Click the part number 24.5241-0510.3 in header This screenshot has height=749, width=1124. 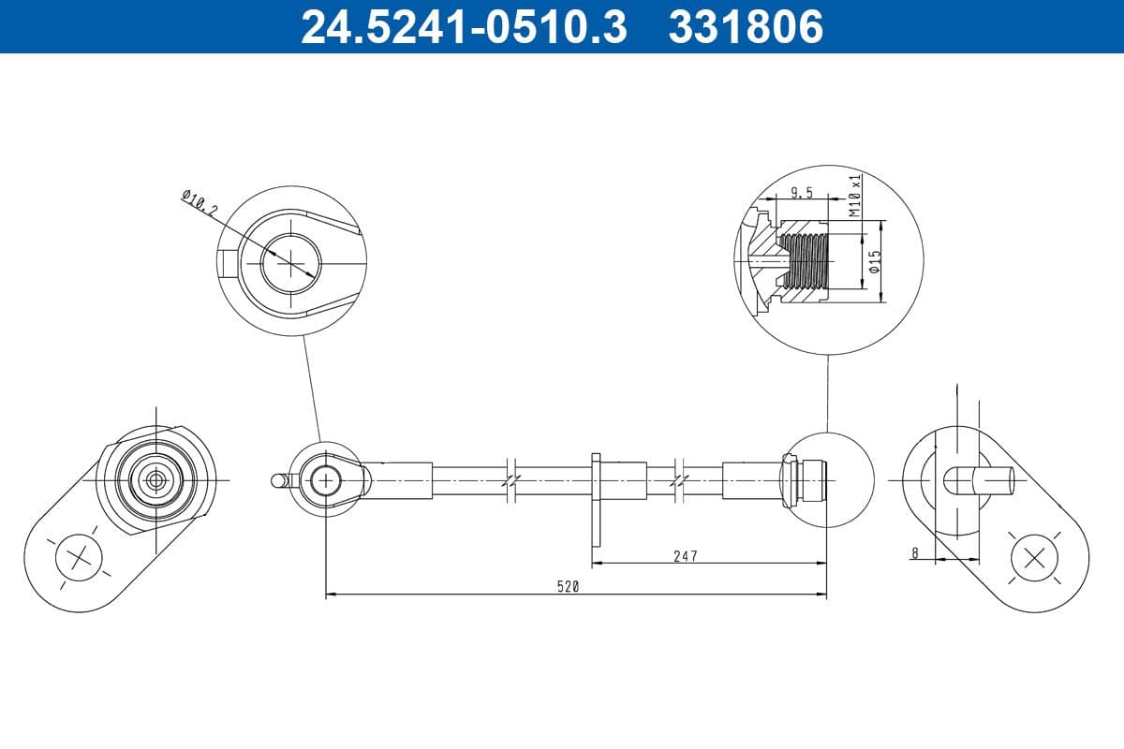click(462, 26)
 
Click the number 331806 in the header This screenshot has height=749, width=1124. click(745, 26)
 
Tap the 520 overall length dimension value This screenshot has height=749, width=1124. click(568, 587)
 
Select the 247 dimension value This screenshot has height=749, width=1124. click(685, 556)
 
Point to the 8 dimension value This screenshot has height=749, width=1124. click(914, 553)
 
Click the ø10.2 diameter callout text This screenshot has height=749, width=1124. click(199, 203)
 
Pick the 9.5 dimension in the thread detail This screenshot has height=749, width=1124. click(801, 194)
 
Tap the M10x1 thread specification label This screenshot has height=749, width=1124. click(853, 196)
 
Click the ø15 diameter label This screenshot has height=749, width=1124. click(873, 261)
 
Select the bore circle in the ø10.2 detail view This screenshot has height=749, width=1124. click(290, 260)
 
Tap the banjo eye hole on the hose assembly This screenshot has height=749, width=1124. click(326, 480)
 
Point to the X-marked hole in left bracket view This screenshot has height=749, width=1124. click(79, 559)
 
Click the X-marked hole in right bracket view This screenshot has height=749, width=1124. click(1034, 559)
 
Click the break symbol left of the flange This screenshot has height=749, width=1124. click(510, 479)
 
